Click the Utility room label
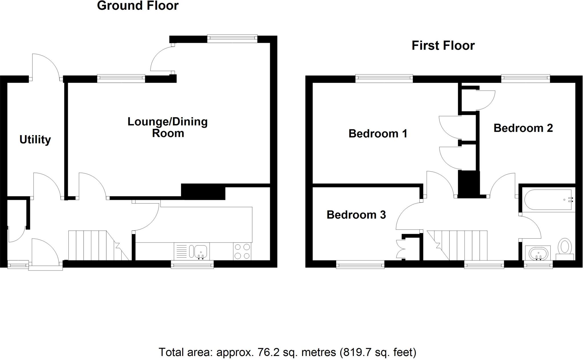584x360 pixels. (35, 140)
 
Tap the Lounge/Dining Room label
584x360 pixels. (168, 127)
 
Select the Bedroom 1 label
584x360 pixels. (378, 133)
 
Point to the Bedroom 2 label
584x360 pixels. (523, 128)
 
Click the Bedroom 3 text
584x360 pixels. (356, 215)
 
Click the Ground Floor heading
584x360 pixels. (138, 6)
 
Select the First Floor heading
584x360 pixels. (443, 46)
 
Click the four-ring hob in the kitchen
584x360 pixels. (242, 251)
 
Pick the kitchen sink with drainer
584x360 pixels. (192, 251)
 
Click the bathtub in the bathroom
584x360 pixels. (549, 200)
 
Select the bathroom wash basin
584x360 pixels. (538, 253)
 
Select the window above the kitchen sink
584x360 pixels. (192, 265)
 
